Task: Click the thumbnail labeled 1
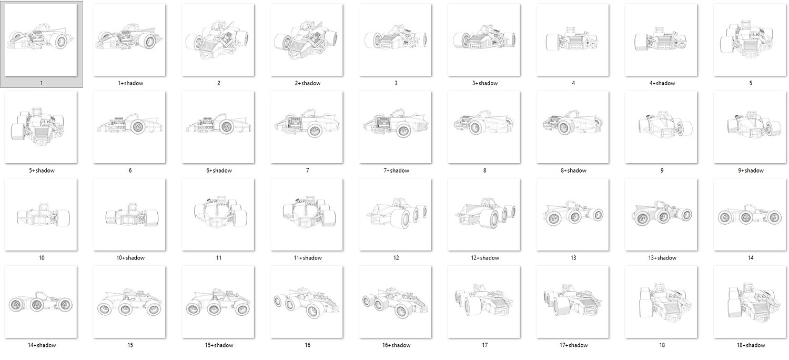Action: [41, 40]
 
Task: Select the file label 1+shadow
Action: [130, 83]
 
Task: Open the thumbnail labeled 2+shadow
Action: [307, 40]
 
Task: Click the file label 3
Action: [396, 83]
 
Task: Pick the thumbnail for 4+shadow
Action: [661, 40]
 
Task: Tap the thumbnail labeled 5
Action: [750, 40]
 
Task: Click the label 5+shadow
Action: [42, 171]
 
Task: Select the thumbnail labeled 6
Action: [129, 127]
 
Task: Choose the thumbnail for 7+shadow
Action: [395, 127]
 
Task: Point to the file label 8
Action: [484, 171]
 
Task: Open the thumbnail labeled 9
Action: [661, 127]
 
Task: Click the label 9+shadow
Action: [751, 171]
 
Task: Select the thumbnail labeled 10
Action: [41, 215]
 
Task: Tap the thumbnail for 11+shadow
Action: [307, 215]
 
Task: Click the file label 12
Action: [396, 258]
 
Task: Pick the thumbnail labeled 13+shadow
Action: [661, 215]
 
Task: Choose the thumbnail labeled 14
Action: [750, 215]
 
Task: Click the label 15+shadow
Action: [219, 346]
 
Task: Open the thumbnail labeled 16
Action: [307, 302]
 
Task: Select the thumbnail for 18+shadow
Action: [750, 302]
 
